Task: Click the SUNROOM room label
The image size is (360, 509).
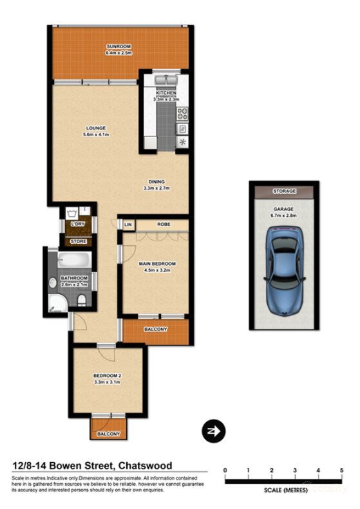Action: pyautogui.click(x=118, y=47)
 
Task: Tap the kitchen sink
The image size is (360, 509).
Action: pyautogui.click(x=165, y=82)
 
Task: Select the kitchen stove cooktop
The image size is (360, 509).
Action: pyautogui.click(x=182, y=115)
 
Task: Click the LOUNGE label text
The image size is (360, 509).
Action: pyautogui.click(x=94, y=128)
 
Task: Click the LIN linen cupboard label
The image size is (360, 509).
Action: pyautogui.click(x=128, y=225)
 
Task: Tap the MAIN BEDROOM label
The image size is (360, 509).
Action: pyautogui.click(x=156, y=264)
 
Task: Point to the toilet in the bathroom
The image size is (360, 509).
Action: pyautogui.click(x=81, y=300)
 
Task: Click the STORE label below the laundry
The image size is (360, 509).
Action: pyautogui.click(x=78, y=241)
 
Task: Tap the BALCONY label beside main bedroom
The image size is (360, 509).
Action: pyautogui.click(x=156, y=329)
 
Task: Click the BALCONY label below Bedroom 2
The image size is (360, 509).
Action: pyautogui.click(x=108, y=434)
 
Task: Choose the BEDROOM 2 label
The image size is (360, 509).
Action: pyautogui.click(x=107, y=377)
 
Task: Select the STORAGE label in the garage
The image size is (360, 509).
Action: pyautogui.click(x=284, y=191)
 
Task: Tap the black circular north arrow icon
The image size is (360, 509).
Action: pyautogui.click(x=212, y=430)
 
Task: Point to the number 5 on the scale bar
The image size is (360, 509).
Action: pyautogui.click(x=341, y=471)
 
